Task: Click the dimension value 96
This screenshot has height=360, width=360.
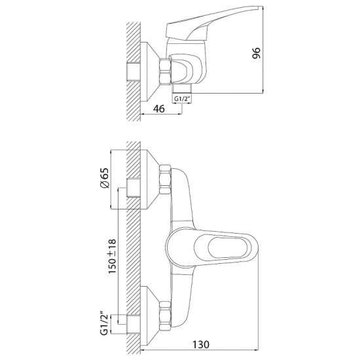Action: click(x=256, y=53)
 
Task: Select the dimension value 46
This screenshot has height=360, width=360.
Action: click(x=158, y=109)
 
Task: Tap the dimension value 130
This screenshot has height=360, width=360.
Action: click(x=201, y=344)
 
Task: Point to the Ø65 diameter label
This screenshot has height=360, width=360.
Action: click(x=105, y=178)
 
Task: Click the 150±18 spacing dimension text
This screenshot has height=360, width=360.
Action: click(x=113, y=256)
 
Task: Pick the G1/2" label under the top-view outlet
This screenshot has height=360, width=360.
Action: click(x=181, y=99)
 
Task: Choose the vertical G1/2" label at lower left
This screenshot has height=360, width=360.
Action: click(x=105, y=324)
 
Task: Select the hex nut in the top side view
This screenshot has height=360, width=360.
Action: click(x=166, y=71)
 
